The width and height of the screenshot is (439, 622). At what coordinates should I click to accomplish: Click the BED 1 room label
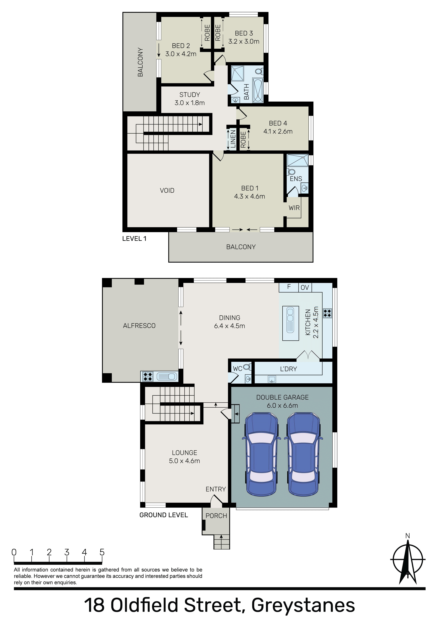[250, 188]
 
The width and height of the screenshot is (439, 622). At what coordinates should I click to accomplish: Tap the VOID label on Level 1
[167, 190]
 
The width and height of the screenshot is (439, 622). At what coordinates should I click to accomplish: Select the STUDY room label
[190, 95]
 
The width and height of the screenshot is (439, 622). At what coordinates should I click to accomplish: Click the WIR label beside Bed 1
[294, 208]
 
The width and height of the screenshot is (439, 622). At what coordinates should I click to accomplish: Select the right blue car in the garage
[303, 454]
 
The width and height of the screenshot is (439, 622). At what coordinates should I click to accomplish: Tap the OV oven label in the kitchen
[305, 287]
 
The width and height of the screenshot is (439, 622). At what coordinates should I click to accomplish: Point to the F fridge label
[289, 287]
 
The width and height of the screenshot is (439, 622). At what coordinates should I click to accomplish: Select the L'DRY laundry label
[288, 369]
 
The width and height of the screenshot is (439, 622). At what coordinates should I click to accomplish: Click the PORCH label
[216, 516]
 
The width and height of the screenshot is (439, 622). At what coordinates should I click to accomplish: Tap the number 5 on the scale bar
[102, 552]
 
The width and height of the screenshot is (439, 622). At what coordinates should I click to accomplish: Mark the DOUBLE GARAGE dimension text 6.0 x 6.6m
[282, 406]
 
